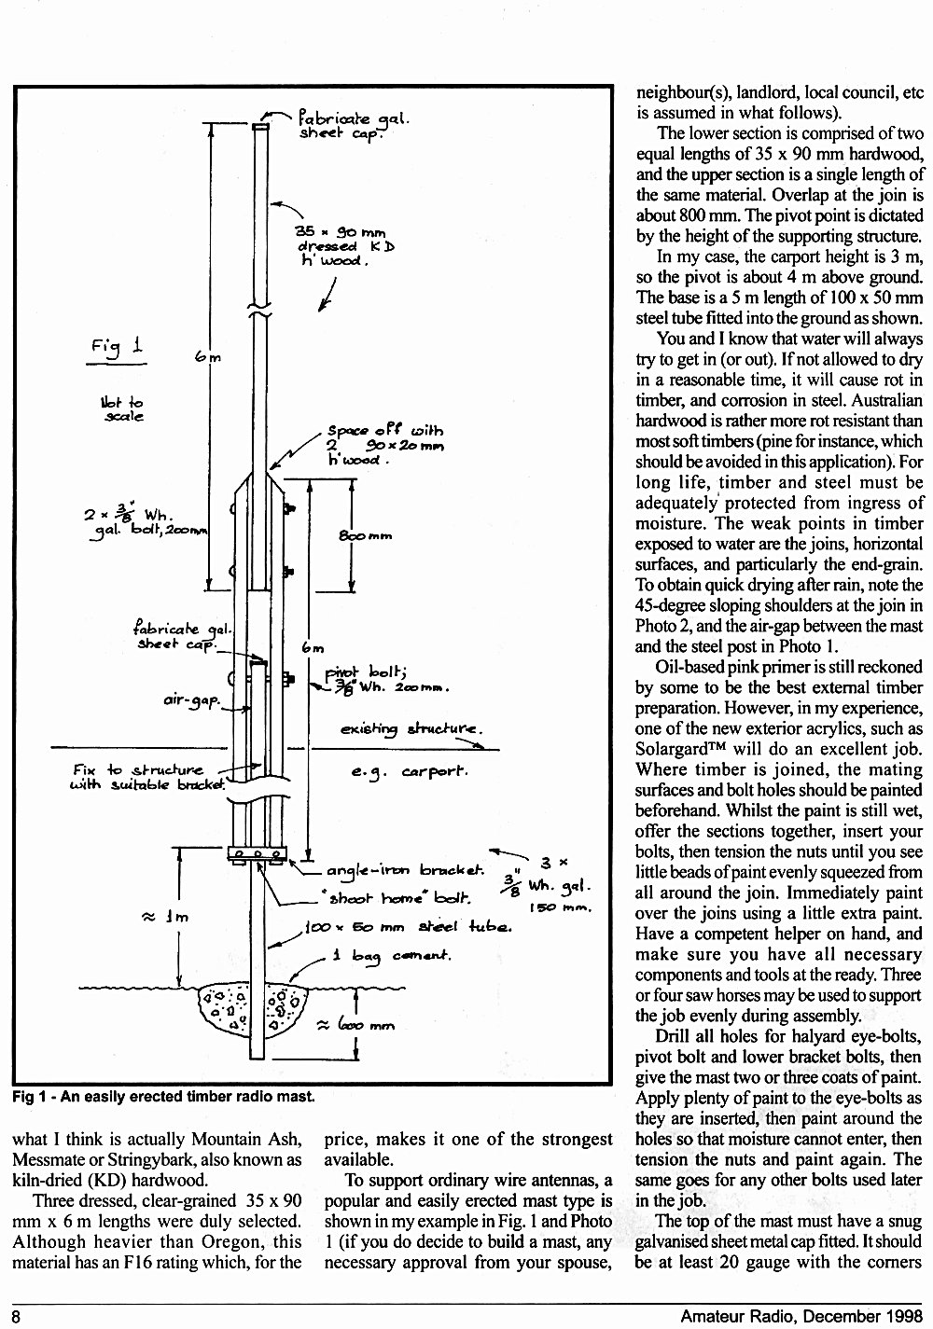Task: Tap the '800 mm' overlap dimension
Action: [365, 535]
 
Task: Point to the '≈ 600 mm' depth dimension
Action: [357, 1025]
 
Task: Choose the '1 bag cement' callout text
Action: [392, 957]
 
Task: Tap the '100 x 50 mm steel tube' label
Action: [408, 927]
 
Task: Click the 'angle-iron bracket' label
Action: [405, 870]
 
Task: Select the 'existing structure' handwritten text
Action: [411, 728]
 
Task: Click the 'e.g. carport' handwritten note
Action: [410, 772]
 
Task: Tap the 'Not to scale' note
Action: [122, 409]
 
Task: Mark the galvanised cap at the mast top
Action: [260, 127]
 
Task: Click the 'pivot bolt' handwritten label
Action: [385, 680]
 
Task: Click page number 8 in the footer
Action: [16, 1317]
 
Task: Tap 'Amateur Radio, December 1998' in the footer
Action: [801, 1316]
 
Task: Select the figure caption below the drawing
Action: [163, 1097]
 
